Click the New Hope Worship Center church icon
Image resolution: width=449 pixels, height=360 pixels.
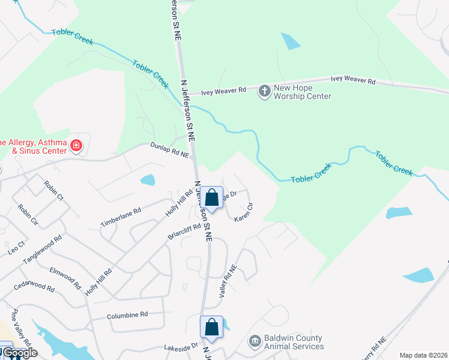tap(264, 91)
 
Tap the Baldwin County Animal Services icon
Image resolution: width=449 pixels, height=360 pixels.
tap(255, 341)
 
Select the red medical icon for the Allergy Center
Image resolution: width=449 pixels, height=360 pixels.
tap(76, 145)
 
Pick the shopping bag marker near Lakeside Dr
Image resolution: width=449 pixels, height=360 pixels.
tap(211, 327)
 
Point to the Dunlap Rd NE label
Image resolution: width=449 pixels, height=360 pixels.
tap(169, 149)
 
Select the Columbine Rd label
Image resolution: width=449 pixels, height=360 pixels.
tap(127, 314)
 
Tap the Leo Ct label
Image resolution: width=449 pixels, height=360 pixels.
tap(17, 247)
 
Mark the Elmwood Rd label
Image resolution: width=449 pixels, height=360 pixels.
tap(65, 278)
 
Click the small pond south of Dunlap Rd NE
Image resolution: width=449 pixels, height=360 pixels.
tap(147, 179)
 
